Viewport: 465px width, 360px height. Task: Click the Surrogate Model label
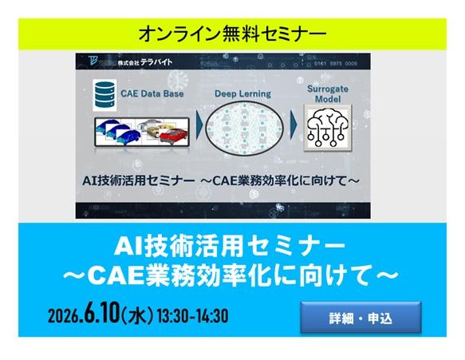point(327,88)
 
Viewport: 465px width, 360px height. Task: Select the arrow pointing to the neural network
point(195,127)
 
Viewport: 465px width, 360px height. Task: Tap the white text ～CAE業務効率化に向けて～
point(232,275)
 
